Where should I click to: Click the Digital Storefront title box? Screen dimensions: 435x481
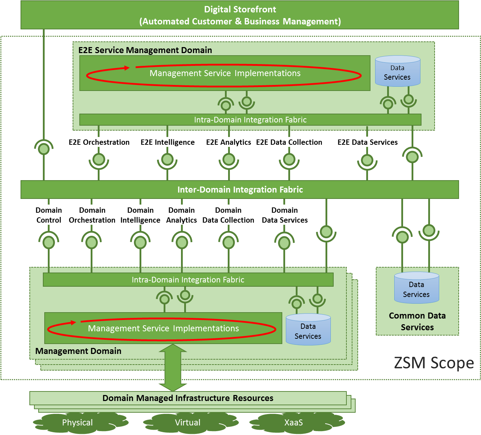coord(240,15)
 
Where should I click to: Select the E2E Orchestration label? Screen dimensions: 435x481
coord(99,142)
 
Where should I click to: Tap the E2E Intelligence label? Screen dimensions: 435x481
coord(168,142)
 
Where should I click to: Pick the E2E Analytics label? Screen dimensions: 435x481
coord(228,142)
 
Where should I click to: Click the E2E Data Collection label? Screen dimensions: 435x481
coord(289,142)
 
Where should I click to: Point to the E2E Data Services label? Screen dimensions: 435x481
coord(367,142)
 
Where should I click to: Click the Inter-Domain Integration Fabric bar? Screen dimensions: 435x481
coord(240,190)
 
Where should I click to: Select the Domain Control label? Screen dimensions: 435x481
coord(49,215)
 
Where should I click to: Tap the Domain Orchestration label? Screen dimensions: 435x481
coord(92,215)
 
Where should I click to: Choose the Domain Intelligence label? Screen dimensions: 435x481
coord(140,215)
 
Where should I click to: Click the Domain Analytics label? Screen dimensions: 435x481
coord(182,215)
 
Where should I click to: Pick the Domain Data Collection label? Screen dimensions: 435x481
coord(228,215)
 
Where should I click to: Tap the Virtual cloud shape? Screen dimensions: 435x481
coord(188,423)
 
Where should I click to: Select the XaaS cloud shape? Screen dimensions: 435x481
coord(294,423)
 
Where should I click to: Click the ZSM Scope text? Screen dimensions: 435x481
coord(434,363)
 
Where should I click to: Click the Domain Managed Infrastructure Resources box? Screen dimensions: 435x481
coord(188,398)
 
